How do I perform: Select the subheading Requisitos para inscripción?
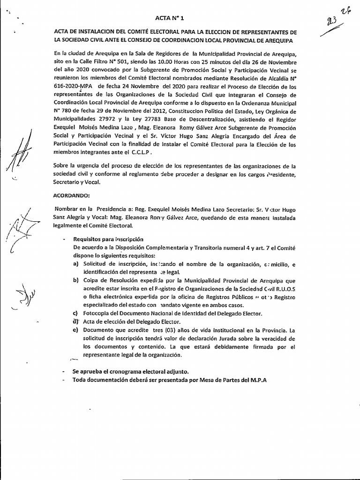click(105, 239)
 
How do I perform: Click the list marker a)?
click(75, 265)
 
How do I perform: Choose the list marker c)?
click(75, 313)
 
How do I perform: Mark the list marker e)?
click(75, 330)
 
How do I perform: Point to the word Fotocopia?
click(96, 313)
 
